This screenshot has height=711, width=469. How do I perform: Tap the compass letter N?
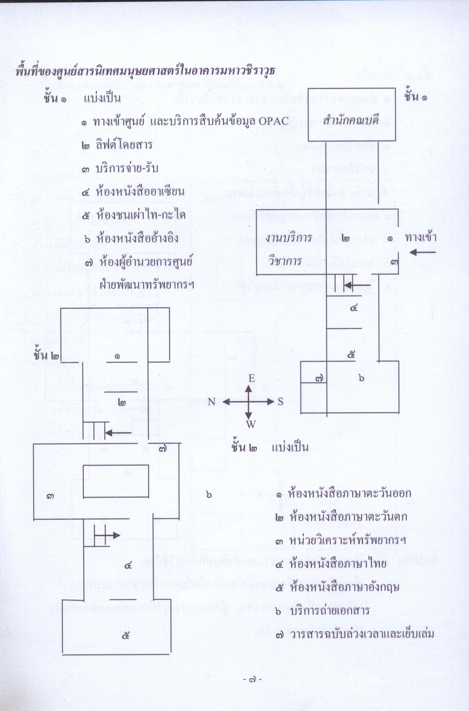click(212, 402)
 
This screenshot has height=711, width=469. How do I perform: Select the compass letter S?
click(280, 402)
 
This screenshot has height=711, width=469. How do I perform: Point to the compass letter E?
click(251, 379)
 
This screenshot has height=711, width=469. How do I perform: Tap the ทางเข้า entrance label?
click(420, 238)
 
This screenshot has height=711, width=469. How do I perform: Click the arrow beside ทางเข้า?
click(422, 253)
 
